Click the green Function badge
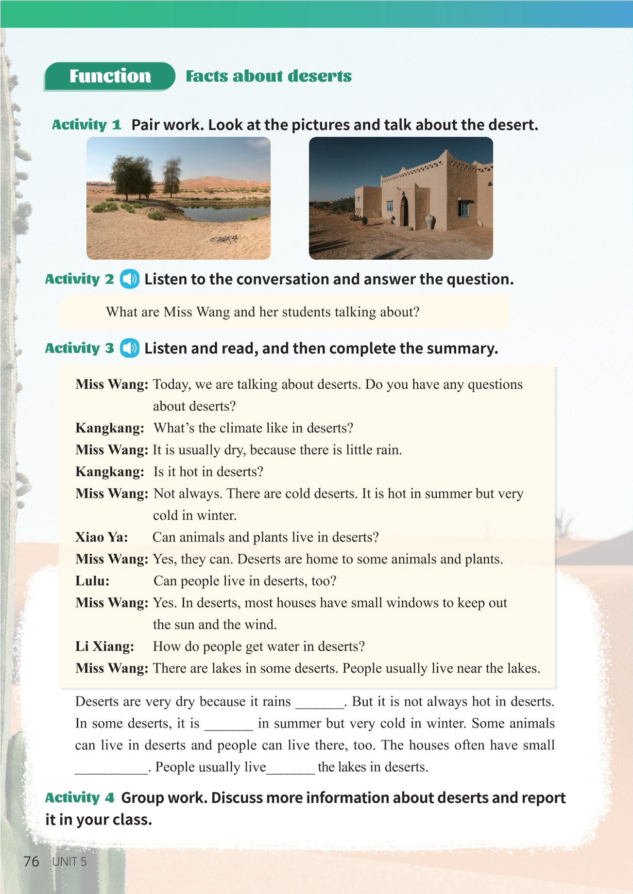click(x=109, y=76)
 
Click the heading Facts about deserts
click(x=268, y=76)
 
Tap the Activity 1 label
click(x=86, y=125)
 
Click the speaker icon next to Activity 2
click(x=130, y=279)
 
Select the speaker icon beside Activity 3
click(x=130, y=348)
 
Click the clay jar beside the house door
click(x=430, y=221)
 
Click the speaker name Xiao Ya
click(x=102, y=537)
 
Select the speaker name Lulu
click(x=92, y=580)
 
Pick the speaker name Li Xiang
click(x=104, y=646)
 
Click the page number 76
click(x=31, y=861)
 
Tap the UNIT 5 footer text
click(x=69, y=861)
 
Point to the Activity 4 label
click(x=80, y=797)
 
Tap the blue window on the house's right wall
click(x=464, y=208)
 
